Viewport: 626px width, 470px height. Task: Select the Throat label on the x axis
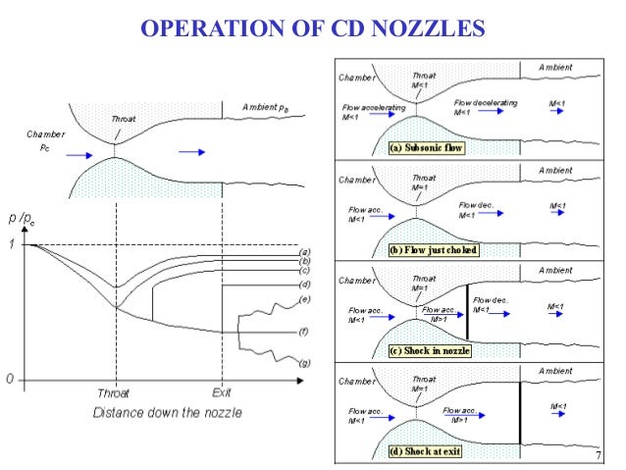116,392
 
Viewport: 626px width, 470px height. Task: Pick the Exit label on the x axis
223,392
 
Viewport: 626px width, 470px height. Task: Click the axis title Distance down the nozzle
170,412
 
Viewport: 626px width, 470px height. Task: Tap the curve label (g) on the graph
304,363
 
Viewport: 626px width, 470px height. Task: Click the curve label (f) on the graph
304,332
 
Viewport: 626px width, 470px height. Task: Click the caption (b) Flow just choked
434,250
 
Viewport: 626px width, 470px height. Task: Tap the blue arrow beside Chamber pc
78,154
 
